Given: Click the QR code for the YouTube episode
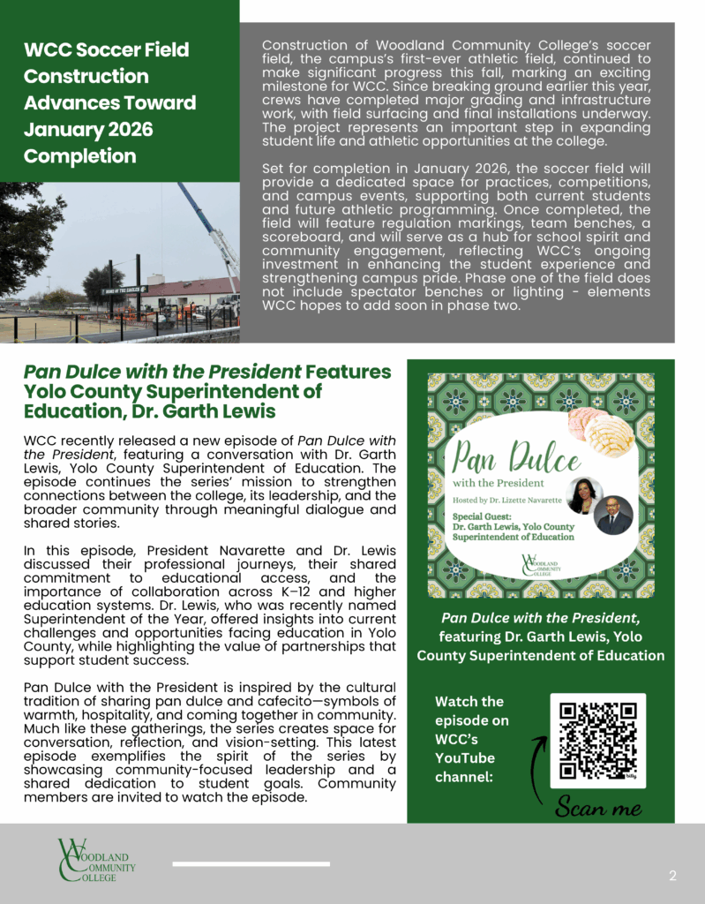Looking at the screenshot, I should point(597,740).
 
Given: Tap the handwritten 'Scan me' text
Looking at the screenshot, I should point(598,807).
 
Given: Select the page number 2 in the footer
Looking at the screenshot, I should point(672,876).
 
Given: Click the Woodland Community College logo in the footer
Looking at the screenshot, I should point(96,860).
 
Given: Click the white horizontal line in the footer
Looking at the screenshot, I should point(251,864).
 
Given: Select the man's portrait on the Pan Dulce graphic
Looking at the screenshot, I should point(615,516).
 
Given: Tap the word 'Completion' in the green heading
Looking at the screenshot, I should point(79,156).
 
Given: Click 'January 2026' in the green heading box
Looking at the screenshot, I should point(88,130).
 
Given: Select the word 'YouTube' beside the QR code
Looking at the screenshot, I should point(465,758).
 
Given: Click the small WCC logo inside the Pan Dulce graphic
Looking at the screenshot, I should point(542,563).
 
